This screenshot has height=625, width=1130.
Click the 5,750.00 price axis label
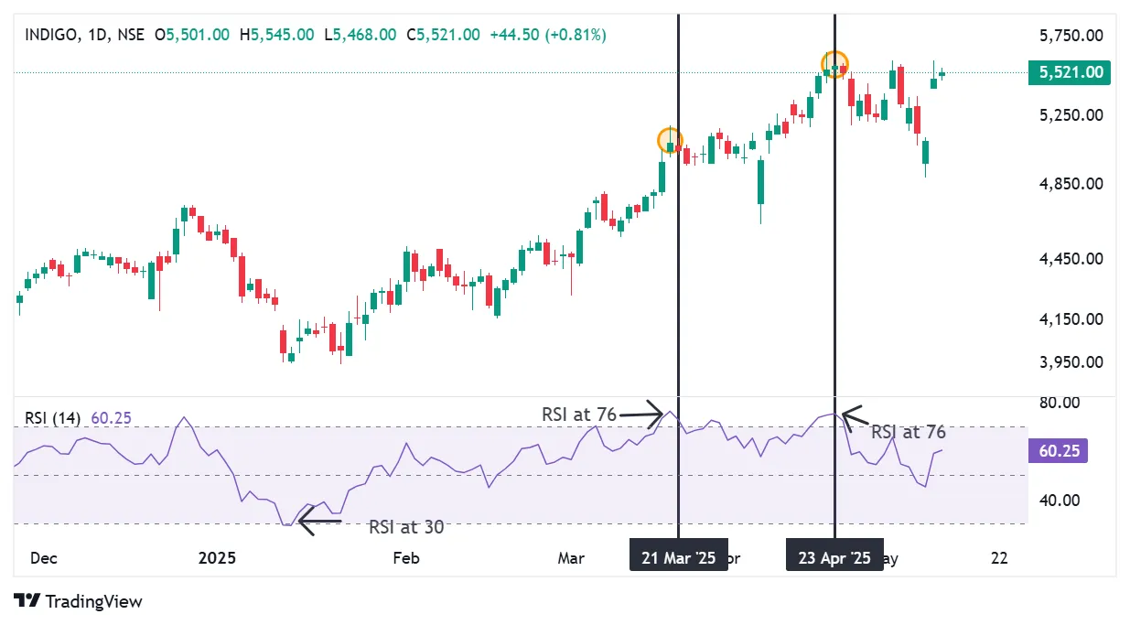pyautogui.click(x=1071, y=36)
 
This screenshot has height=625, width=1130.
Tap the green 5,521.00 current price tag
pyautogui.click(x=1069, y=72)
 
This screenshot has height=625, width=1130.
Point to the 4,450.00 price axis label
pyautogui.click(x=1071, y=259)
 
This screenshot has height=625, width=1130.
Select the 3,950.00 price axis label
pyautogui.click(x=1071, y=361)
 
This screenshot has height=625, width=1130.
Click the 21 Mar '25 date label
pyautogui.click(x=679, y=557)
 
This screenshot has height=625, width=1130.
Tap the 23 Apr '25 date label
pyautogui.click(x=834, y=557)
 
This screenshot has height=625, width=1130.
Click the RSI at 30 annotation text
pyautogui.click(x=406, y=527)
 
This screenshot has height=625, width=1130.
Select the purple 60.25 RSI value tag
pyautogui.click(x=1058, y=451)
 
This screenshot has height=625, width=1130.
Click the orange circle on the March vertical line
pyautogui.click(x=671, y=141)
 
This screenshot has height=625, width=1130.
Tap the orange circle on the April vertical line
pyautogui.click(x=835, y=64)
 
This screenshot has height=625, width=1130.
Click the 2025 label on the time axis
pyautogui.click(x=217, y=557)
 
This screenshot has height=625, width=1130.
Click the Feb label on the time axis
pyautogui.click(x=405, y=557)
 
